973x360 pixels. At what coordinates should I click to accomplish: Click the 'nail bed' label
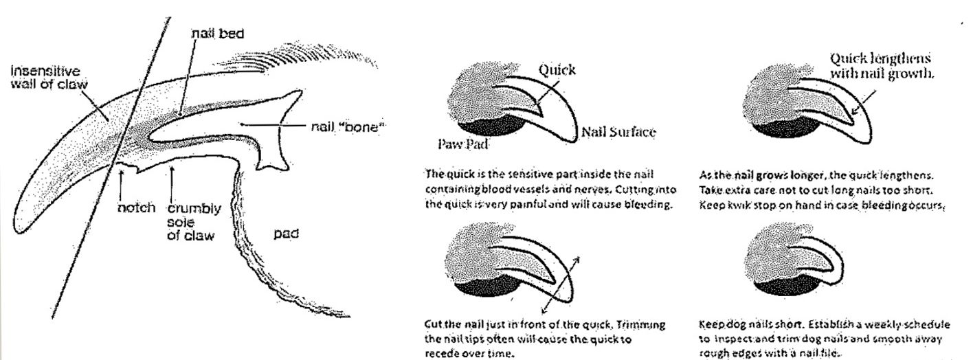(x=218, y=34)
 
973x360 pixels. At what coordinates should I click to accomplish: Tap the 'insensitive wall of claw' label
(x=49, y=78)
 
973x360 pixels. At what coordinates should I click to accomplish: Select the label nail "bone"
(x=348, y=127)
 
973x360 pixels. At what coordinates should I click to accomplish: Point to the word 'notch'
(x=136, y=207)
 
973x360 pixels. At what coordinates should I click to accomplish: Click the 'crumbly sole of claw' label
(x=194, y=222)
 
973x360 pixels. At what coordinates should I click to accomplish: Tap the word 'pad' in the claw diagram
(x=287, y=234)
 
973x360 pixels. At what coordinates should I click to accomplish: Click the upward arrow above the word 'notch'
(x=122, y=184)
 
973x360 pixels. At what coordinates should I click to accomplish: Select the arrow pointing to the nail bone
(x=273, y=125)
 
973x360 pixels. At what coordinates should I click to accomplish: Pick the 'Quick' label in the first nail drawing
(x=557, y=70)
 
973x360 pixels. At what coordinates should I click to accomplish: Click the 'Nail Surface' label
(x=618, y=132)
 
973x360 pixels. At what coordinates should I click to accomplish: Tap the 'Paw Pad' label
(x=463, y=144)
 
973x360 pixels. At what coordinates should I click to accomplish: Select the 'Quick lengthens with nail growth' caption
(x=882, y=66)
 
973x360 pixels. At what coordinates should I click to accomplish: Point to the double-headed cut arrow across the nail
(x=560, y=285)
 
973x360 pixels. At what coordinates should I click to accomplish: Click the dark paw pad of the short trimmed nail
(x=786, y=285)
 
